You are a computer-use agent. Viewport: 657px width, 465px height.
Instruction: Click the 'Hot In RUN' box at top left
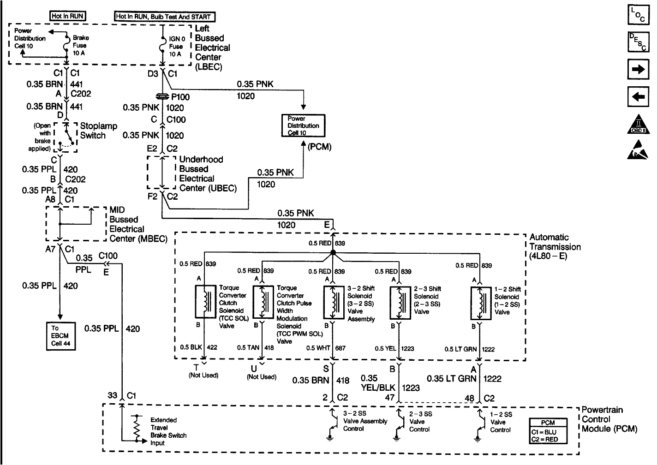click(67, 16)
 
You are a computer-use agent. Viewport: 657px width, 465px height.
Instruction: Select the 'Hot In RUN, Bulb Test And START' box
click(164, 17)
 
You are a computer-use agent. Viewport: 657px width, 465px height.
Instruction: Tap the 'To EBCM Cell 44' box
click(61, 336)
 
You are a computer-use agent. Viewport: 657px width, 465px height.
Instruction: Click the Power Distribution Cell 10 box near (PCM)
click(303, 125)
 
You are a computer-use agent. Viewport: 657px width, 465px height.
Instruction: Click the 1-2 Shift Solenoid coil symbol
click(481, 303)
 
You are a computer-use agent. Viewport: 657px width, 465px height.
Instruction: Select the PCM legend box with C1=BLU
click(547, 431)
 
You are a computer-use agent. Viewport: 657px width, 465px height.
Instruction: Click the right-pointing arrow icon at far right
click(639, 70)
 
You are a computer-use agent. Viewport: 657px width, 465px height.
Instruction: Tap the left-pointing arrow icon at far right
click(639, 97)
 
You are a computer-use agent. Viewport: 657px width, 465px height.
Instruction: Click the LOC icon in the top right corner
click(639, 15)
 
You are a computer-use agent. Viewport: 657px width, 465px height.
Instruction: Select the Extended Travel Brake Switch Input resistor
click(137, 429)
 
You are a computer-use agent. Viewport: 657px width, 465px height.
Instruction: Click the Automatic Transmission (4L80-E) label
click(555, 246)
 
